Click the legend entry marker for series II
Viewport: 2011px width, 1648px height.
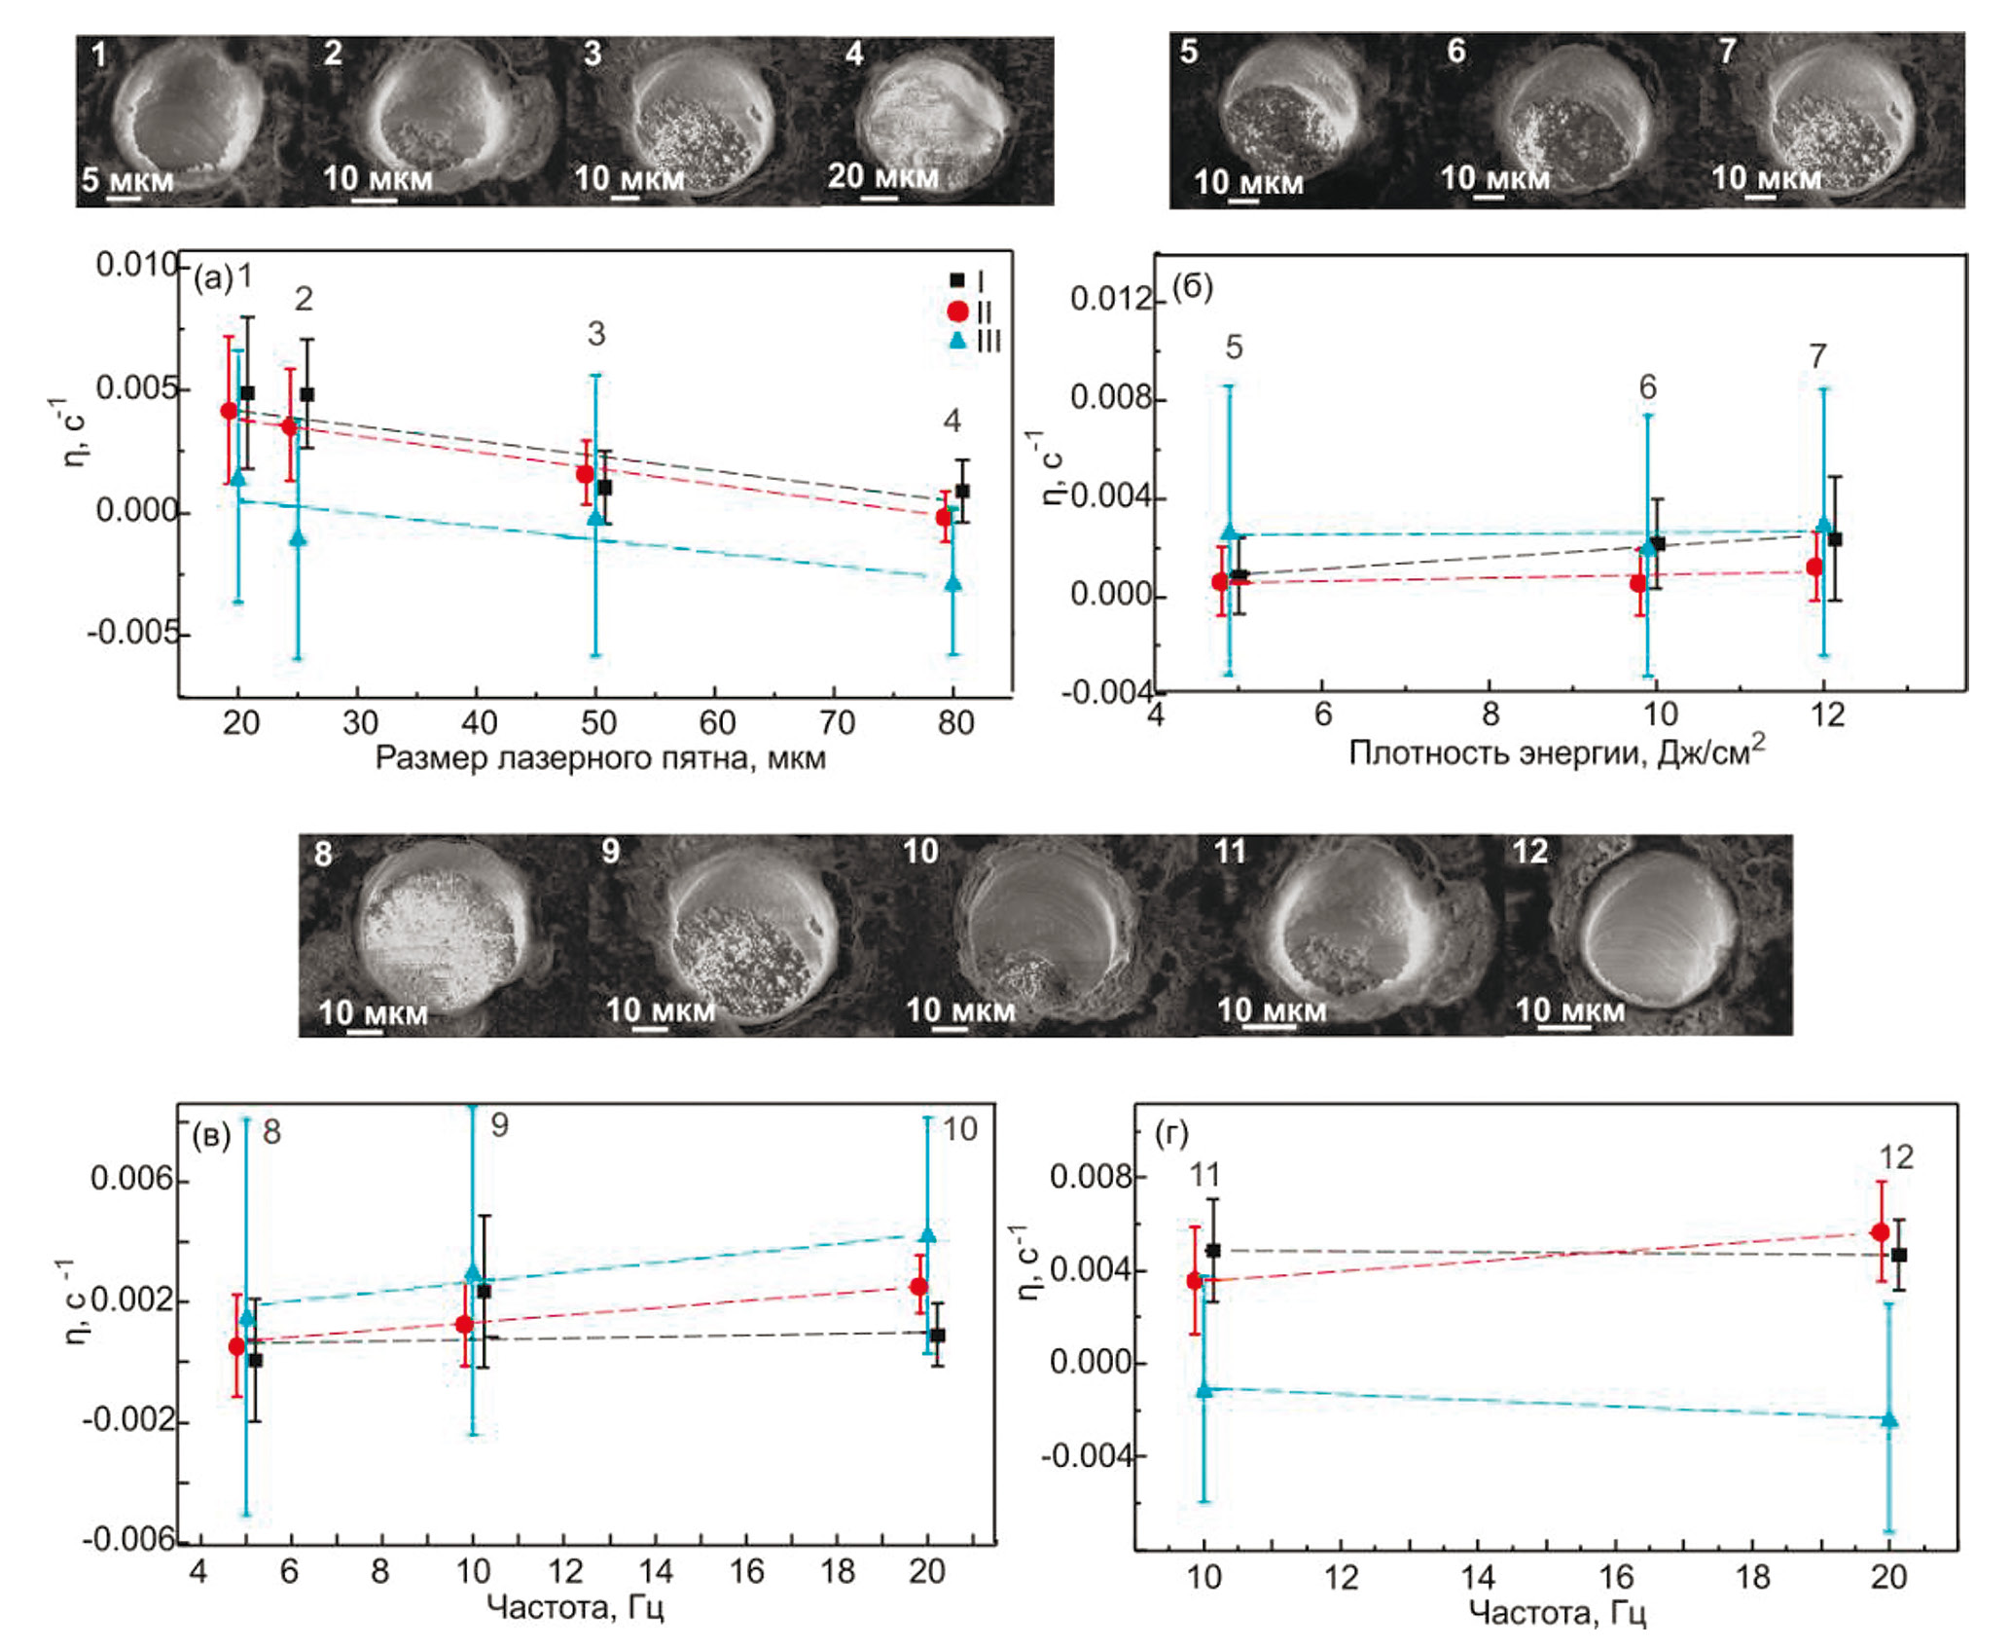(957, 311)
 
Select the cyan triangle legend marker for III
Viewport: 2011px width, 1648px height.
(958, 341)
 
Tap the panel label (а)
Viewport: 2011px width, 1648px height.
(213, 279)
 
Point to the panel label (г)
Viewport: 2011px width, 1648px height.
(1170, 1134)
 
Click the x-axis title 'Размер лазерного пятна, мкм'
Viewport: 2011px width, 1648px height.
(600, 758)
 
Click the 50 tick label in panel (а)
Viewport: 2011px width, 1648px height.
(598, 723)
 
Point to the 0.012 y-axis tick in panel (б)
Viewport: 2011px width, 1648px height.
(1110, 299)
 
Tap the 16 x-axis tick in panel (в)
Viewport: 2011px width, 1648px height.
(746, 1572)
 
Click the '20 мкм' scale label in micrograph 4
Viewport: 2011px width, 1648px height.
(882, 177)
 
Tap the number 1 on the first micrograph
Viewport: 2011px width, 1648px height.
(99, 55)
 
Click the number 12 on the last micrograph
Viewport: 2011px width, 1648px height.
(1529, 852)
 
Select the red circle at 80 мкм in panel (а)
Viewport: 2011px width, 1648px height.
(944, 517)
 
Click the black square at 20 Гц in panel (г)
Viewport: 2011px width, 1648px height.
(1898, 1255)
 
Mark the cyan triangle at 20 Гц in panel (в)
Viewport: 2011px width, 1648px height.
(928, 1234)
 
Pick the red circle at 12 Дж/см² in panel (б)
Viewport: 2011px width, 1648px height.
(1814, 567)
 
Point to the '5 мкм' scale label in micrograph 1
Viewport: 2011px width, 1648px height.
(126, 181)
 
